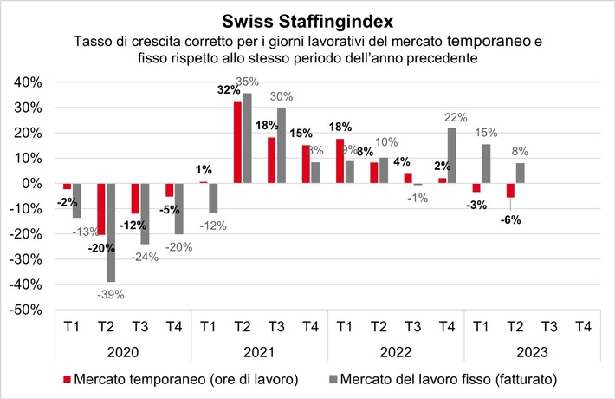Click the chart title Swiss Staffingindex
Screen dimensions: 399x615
pos(307,20)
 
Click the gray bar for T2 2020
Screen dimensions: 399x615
pos(111,232)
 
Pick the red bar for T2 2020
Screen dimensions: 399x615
pos(101,209)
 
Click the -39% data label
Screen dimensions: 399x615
pos(110,294)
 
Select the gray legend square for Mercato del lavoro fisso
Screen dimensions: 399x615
pos(333,379)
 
